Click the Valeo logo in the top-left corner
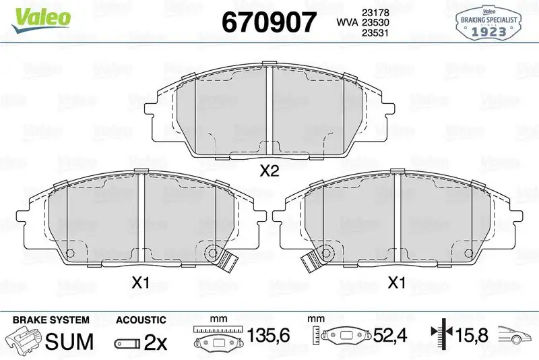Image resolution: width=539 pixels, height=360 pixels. [x=41, y=20]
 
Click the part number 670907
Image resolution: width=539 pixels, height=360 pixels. [x=269, y=22]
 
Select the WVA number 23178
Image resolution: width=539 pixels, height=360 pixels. [x=375, y=12]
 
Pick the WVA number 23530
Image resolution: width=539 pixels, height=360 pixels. [x=375, y=22]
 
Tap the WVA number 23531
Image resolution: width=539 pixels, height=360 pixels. [x=375, y=32]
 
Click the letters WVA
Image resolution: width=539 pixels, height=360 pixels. [x=347, y=22]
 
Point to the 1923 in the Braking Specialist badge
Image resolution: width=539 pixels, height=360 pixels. [x=488, y=32]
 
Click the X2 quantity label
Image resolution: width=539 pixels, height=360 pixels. [x=269, y=171]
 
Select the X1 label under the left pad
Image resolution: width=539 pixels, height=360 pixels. [x=141, y=283]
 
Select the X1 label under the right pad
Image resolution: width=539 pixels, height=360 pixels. [x=397, y=283]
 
